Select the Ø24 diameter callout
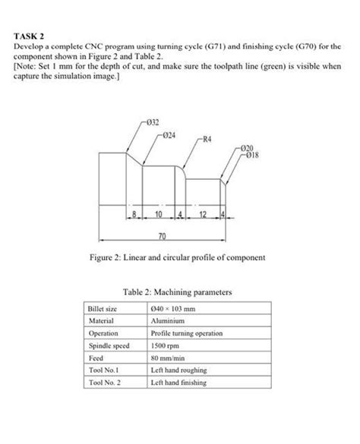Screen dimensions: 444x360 point(169,134)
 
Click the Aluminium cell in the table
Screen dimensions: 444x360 point(168,321)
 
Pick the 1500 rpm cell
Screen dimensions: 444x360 point(165,345)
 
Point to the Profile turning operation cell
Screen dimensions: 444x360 point(186,333)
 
